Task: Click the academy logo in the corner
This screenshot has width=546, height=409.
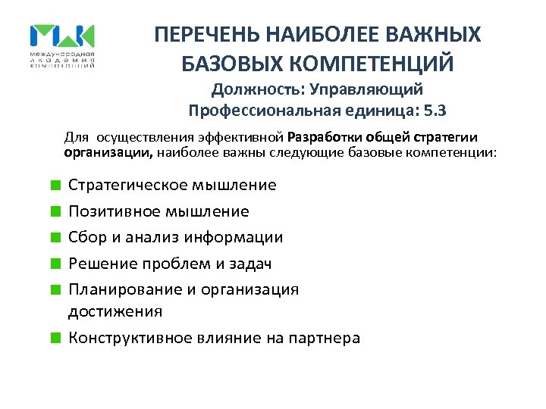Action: (62, 45)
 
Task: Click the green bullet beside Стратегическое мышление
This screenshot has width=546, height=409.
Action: (56, 185)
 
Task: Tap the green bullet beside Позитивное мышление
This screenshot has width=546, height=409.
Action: (56, 211)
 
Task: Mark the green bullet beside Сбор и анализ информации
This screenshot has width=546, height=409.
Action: (56, 237)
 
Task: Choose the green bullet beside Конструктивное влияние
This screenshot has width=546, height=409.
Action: (56, 338)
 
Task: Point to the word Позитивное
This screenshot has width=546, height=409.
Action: (110, 211)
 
